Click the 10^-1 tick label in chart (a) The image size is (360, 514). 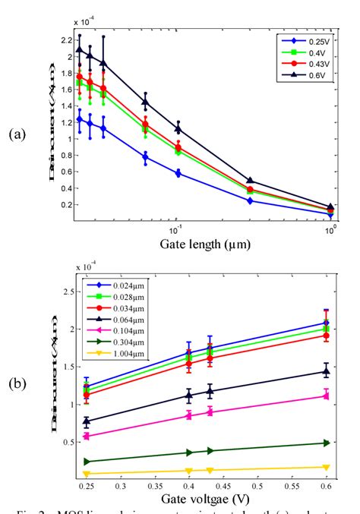175,229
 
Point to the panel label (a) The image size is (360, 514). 19,134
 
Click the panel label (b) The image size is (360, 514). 19,383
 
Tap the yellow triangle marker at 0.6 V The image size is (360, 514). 327,468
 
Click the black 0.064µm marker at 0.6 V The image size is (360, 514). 327,371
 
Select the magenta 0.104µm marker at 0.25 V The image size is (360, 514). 87,436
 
